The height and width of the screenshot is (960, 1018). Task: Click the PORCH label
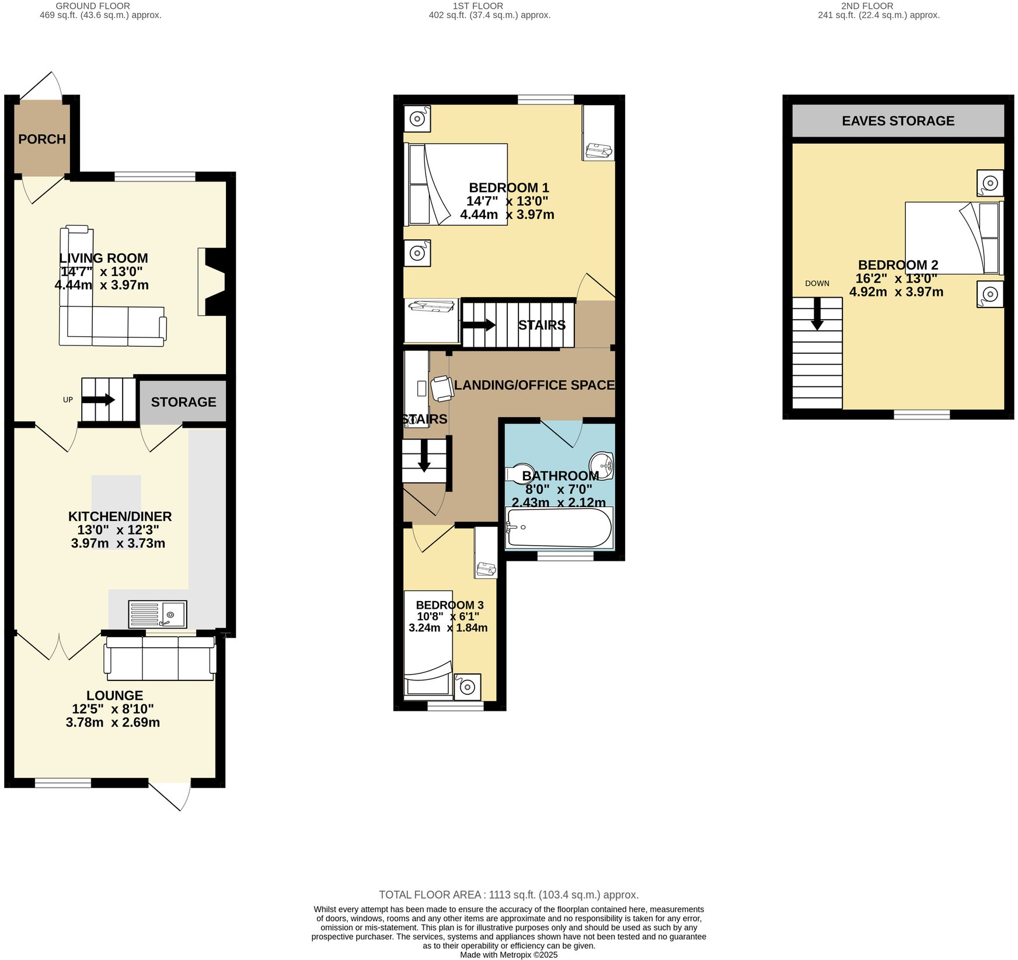(x=42, y=139)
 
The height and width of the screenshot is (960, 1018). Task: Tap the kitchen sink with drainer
(x=158, y=614)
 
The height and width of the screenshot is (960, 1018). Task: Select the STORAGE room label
(x=183, y=402)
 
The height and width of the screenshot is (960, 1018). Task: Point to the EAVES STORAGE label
(x=898, y=121)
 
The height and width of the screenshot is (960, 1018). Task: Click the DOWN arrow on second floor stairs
(x=817, y=314)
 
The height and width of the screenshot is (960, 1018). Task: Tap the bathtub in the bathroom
(x=559, y=528)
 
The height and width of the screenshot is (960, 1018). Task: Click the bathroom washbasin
(x=602, y=465)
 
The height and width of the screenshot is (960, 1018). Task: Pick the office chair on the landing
(x=442, y=389)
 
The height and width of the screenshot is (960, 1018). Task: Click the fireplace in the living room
(x=212, y=282)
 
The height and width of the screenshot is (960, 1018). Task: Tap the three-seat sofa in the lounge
(x=160, y=658)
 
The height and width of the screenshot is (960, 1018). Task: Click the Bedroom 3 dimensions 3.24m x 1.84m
(x=448, y=628)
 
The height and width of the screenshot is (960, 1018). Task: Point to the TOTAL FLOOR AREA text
(x=508, y=895)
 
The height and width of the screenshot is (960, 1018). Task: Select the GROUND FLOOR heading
(x=92, y=6)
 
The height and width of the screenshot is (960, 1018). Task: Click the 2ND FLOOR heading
(x=867, y=6)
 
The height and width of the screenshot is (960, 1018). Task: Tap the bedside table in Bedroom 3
(x=468, y=687)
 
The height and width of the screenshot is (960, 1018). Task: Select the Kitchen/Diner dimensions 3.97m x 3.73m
(x=118, y=543)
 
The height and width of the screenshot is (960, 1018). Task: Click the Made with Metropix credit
(x=508, y=955)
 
